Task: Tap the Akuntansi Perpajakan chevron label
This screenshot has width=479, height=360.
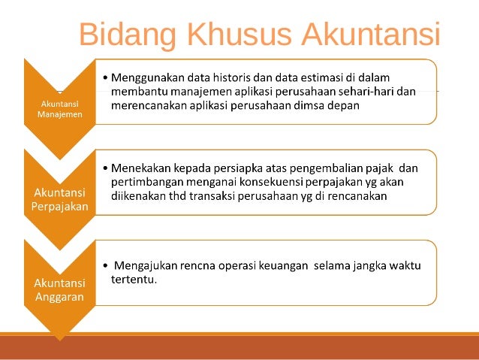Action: pos(60,199)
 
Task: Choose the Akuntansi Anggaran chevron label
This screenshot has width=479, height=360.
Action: pos(60,289)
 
